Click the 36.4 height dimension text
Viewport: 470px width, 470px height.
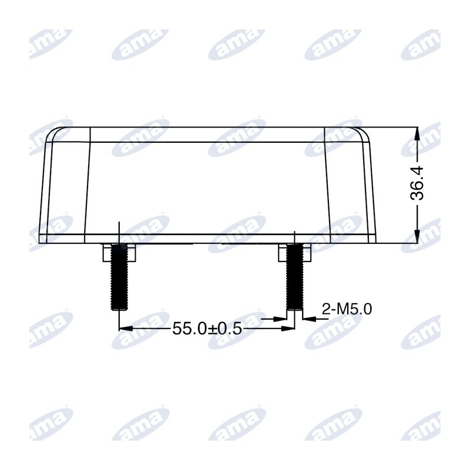pyautogui.click(x=417, y=183)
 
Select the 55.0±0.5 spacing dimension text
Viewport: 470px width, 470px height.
pyautogui.click(x=207, y=329)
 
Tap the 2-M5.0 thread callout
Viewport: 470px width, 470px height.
pyautogui.click(x=347, y=309)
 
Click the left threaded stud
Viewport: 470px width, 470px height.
pyautogui.click(x=119, y=277)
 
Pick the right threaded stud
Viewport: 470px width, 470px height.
pyautogui.click(x=295, y=277)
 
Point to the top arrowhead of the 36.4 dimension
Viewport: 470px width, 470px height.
pyautogui.click(x=417, y=133)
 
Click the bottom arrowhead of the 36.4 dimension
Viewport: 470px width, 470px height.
pyautogui.click(x=417, y=237)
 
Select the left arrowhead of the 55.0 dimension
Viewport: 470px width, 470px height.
pyautogui.click(x=126, y=329)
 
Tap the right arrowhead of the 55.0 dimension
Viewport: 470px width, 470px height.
pyautogui.click(x=288, y=329)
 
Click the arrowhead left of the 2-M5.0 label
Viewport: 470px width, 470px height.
pyautogui.click(x=310, y=319)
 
